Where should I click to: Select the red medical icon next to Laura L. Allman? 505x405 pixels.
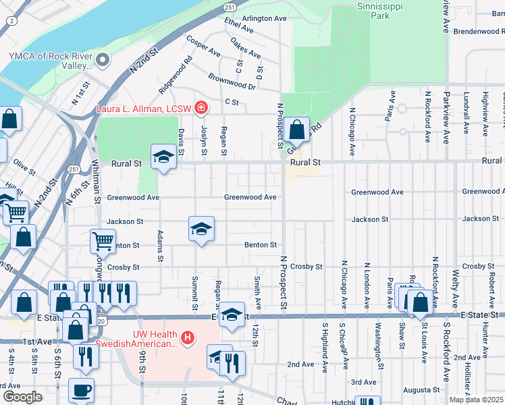pos(201,107)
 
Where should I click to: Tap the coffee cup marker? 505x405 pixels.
pos(82,390)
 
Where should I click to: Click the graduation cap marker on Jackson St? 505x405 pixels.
pos(201,230)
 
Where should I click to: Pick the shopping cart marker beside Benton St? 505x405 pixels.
pos(103,240)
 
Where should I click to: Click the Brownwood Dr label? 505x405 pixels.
pos(232,82)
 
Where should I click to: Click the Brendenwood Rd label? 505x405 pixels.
pos(477,32)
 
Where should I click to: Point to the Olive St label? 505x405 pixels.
pos(24,163)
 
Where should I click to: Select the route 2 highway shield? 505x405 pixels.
pos(11,21)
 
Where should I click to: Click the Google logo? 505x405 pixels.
pos(22,396)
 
